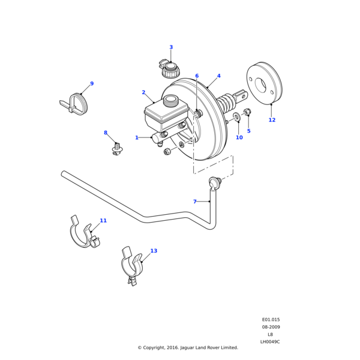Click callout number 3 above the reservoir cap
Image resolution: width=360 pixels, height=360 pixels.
171,47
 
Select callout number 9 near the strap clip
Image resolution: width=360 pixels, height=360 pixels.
92,84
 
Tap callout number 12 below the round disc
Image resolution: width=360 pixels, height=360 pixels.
272,120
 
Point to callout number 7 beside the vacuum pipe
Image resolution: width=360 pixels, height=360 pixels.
194,202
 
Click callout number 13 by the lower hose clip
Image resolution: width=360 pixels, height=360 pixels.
154,251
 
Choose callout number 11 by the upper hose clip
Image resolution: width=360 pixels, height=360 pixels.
103,221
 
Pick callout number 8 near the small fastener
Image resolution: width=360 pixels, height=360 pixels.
106,133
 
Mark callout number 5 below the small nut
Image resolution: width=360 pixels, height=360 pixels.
248,131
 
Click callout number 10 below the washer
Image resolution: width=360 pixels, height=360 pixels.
239,137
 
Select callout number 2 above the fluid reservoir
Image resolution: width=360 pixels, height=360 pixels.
143,92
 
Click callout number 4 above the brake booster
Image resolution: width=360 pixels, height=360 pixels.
218,76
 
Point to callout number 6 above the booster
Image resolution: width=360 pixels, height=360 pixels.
196,76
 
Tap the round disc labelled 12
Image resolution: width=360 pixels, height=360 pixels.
264,82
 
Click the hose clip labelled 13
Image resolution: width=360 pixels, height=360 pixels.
132,265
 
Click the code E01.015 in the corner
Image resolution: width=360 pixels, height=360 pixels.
271,320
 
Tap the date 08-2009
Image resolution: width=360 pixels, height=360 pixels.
271,327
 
